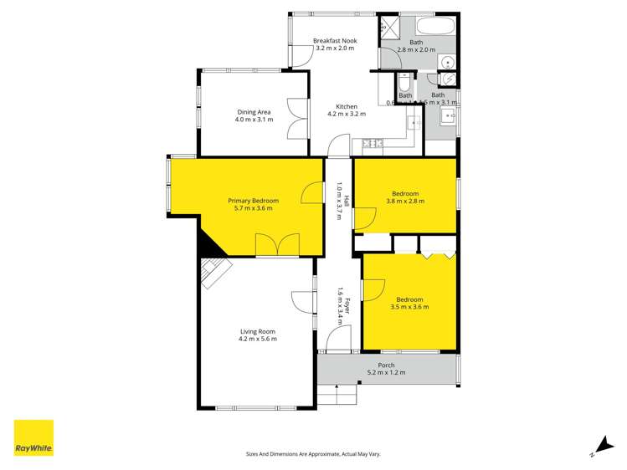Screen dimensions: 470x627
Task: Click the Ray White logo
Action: coord(33,438)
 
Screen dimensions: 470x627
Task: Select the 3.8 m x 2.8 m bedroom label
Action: coord(404,197)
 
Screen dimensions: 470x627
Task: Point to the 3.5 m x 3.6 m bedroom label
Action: coord(409,303)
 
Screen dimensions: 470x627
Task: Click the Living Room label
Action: coord(257,335)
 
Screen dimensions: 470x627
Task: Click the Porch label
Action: coord(386,369)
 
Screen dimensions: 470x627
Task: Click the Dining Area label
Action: coord(253,116)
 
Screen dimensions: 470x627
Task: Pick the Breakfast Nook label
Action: coord(334,45)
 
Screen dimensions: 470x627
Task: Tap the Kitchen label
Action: coord(347,110)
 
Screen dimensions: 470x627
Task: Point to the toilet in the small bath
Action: coord(404,84)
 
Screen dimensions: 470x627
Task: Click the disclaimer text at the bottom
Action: coord(313,453)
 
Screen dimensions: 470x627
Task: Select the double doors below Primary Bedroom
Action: coord(277,245)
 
